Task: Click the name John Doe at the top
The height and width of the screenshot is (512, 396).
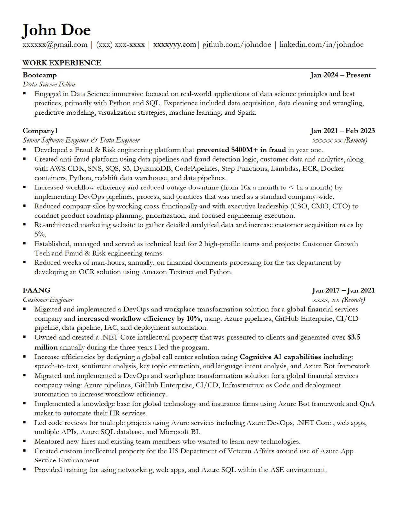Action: [56, 30]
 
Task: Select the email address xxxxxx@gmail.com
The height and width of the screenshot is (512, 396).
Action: [55, 45]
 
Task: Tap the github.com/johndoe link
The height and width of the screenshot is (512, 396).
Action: [236, 45]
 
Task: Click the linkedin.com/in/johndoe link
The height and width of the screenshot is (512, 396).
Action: [321, 45]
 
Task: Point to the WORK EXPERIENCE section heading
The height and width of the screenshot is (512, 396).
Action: [62, 63]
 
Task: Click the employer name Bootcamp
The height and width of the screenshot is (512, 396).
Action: [40, 75]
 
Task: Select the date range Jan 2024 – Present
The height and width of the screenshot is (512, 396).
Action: [340, 75]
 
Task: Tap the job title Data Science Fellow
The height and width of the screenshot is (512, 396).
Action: [49, 84]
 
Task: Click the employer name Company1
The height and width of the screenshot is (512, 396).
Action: [40, 131]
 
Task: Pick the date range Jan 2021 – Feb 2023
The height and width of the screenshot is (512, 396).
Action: [342, 131]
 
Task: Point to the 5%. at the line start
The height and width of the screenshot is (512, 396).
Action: [40, 234]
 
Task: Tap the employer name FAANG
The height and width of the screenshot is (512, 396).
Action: [36, 290]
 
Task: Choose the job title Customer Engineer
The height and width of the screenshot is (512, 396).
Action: [48, 300]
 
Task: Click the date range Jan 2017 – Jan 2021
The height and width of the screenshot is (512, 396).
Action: [343, 290]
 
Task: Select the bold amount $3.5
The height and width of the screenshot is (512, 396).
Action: [354, 337]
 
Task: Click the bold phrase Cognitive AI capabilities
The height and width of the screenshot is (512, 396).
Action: [280, 357]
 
